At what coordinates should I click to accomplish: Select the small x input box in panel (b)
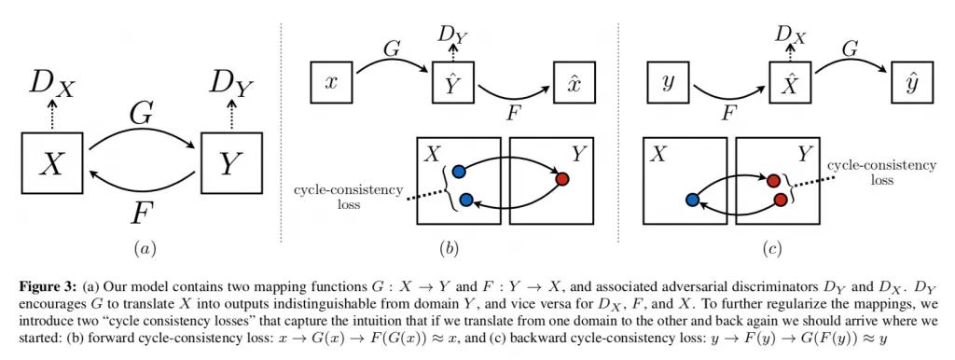(328, 83)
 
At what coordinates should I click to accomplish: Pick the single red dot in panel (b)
(561, 179)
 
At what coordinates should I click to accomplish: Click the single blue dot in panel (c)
(691, 199)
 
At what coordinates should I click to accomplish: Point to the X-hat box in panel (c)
(789, 83)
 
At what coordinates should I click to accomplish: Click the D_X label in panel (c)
(789, 35)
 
